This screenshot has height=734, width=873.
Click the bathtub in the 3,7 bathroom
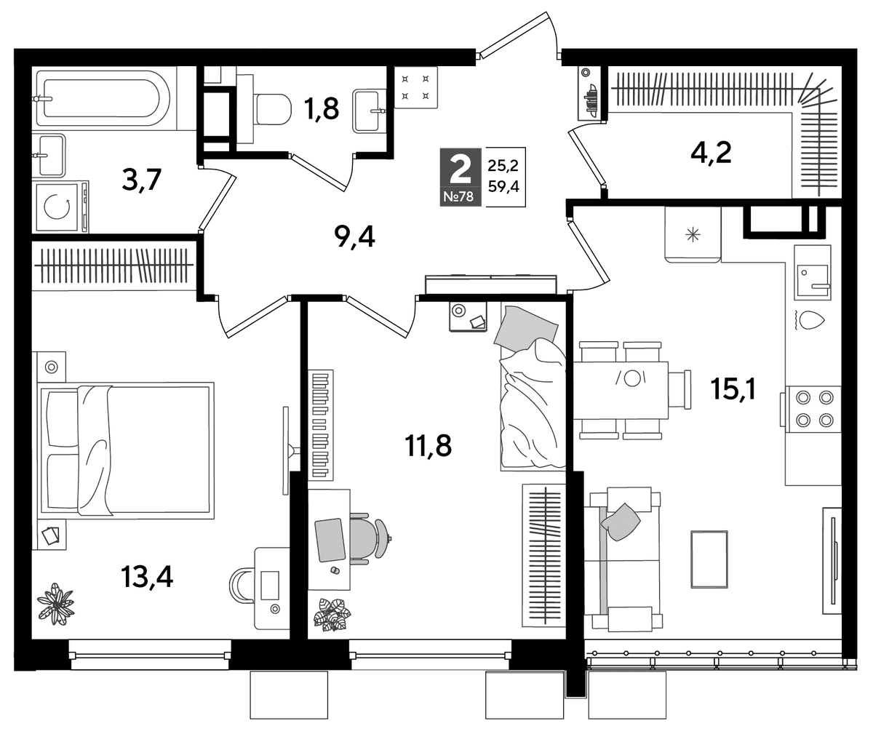[x=103, y=98]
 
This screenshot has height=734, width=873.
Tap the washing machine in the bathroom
[x=58, y=207]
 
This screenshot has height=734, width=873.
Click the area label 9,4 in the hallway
[x=354, y=237]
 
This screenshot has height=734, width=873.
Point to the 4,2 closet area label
[x=711, y=153]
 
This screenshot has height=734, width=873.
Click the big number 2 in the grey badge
[x=460, y=168]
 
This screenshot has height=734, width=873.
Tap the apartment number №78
[x=458, y=196]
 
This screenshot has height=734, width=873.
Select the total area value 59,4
[x=503, y=186]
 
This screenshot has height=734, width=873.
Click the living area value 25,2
[x=503, y=166]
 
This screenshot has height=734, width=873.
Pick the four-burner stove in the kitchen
[x=814, y=409]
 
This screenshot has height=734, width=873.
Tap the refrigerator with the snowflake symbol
[x=693, y=234]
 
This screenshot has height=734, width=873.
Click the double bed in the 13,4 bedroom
[x=125, y=450]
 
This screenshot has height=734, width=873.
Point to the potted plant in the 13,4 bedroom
[x=55, y=604]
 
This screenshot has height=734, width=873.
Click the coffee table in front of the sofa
[x=709, y=559]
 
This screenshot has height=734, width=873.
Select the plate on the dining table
[x=631, y=378]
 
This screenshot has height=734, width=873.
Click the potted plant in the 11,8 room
[x=332, y=614]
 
